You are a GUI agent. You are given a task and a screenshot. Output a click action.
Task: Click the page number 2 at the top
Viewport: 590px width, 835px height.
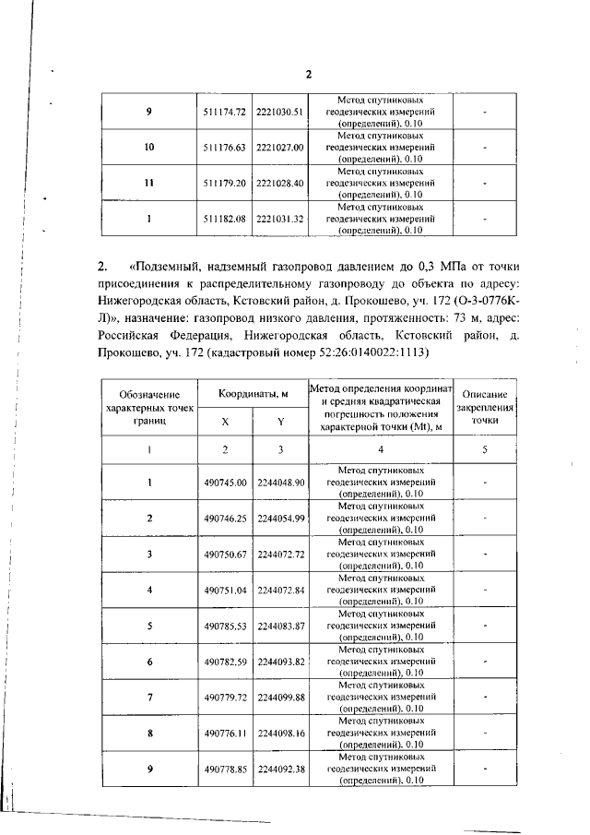pos(310,75)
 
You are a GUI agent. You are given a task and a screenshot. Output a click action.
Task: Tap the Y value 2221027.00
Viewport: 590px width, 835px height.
pos(279,147)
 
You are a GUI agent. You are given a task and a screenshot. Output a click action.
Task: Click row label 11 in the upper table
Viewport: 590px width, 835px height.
pos(148,183)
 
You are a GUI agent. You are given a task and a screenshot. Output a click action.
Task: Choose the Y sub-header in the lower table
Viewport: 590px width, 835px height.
pos(279,420)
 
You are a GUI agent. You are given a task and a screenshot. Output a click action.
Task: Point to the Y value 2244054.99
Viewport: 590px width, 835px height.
pos(280,519)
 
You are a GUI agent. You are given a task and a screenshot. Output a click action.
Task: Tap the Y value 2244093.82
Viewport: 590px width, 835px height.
pos(280,661)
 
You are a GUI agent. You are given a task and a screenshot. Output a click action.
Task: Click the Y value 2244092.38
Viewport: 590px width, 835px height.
pos(280,768)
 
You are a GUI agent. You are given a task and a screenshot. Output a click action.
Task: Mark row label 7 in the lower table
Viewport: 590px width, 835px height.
pos(148,697)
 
